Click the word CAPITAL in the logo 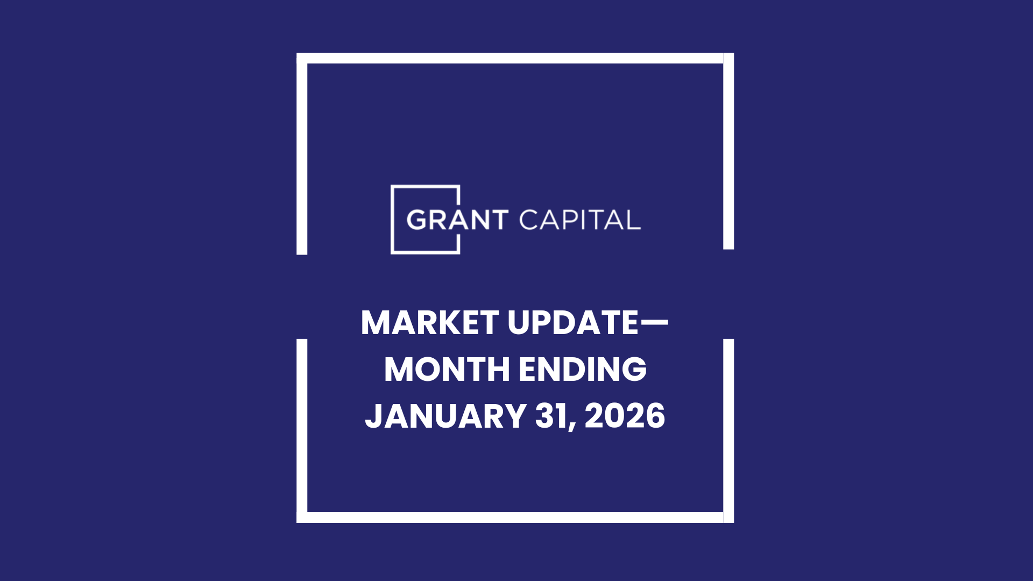coord(580,219)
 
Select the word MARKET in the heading coord(429,323)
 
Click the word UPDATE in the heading coord(572,323)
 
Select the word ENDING coord(583,370)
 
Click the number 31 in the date coord(552,416)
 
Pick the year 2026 coord(625,416)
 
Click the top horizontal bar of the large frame coord(515,58)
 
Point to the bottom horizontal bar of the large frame coord(515,518)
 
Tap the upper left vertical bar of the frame coord(302,156)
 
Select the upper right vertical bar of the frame coord(728,153)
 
